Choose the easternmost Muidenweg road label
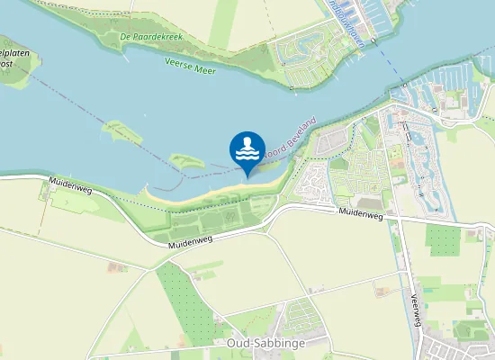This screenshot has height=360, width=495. [360, 214]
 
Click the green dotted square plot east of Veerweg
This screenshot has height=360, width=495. [442, 239]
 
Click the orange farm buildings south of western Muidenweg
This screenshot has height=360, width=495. [115, 266]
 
